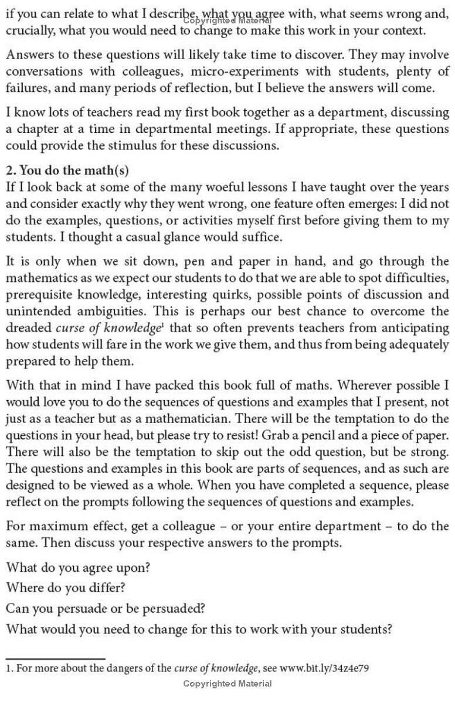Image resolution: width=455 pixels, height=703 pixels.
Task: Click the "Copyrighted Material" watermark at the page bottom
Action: [227, 684]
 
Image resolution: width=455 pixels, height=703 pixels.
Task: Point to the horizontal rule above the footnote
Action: [56, 658]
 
